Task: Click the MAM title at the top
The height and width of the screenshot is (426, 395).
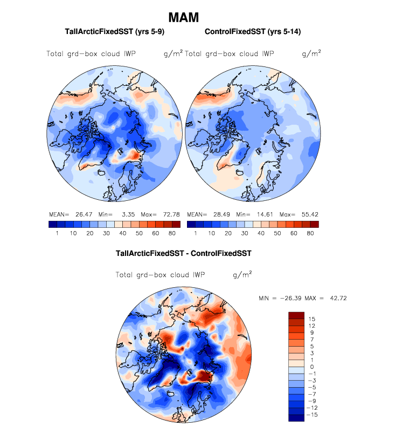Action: pyautogui.click(x=184, y=18)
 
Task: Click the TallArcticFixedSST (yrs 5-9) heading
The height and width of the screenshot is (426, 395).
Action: pyautogui.click(x=114, y=32)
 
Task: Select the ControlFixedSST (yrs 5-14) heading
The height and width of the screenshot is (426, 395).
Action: pyautogui.click(x=253, y=32)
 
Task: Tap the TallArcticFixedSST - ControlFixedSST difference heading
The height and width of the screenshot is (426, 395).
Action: pyautogui.click(x=184, y=253)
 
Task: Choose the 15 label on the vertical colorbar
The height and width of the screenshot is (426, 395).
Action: pyautogui.click(x=311, y=319)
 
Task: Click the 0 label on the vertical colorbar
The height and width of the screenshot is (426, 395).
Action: pyautogui.click(x=311, y=367)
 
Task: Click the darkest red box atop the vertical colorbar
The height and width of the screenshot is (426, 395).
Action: pyautogui.click(x=296, y=315)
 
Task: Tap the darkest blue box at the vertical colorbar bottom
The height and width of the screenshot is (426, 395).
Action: pyautogui.click(x=296, y=417)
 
